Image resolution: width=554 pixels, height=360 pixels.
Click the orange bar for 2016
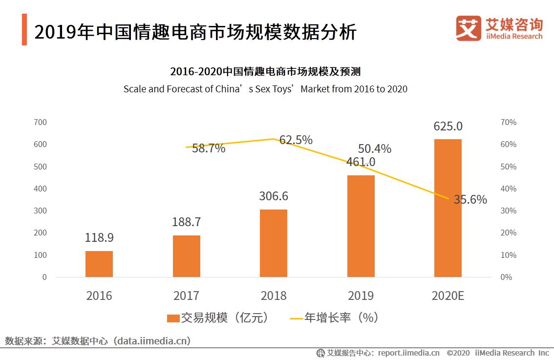click(x=99, y=264)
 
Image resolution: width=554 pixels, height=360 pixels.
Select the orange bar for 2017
click(x=187, y=256)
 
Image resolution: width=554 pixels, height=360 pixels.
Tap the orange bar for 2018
click(x=274, y=243)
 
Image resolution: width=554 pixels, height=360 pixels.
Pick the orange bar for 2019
click(x=361, y=226)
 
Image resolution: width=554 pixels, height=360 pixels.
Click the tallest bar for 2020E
click(x=448, y=208)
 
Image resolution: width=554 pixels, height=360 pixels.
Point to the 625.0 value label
click(x=448, y=126)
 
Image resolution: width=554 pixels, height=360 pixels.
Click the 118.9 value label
click(x=99, y=238)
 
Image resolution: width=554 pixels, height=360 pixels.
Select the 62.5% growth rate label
click(x=296, y=140)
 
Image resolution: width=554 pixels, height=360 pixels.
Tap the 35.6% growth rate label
click(x=470, y=199)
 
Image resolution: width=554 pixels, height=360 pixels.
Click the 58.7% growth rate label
click(x=209, y=148)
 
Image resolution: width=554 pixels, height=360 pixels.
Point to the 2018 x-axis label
click(x=274, y=296)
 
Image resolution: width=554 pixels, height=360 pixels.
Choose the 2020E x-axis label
click(x=448, y=296)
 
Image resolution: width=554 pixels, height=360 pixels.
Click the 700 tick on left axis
click(x=41, y=122)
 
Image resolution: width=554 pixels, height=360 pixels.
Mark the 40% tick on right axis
click(x=509, y=189)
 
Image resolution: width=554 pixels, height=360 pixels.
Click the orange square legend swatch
click(x=173, y=318)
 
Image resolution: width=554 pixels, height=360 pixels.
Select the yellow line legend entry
click(x=334, y=318)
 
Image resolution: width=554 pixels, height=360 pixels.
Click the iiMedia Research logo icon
click(x=468, y=28)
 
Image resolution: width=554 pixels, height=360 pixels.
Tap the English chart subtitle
click(x=265, y=89)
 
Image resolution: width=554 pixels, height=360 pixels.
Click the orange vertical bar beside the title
click(x=24, y=30)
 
